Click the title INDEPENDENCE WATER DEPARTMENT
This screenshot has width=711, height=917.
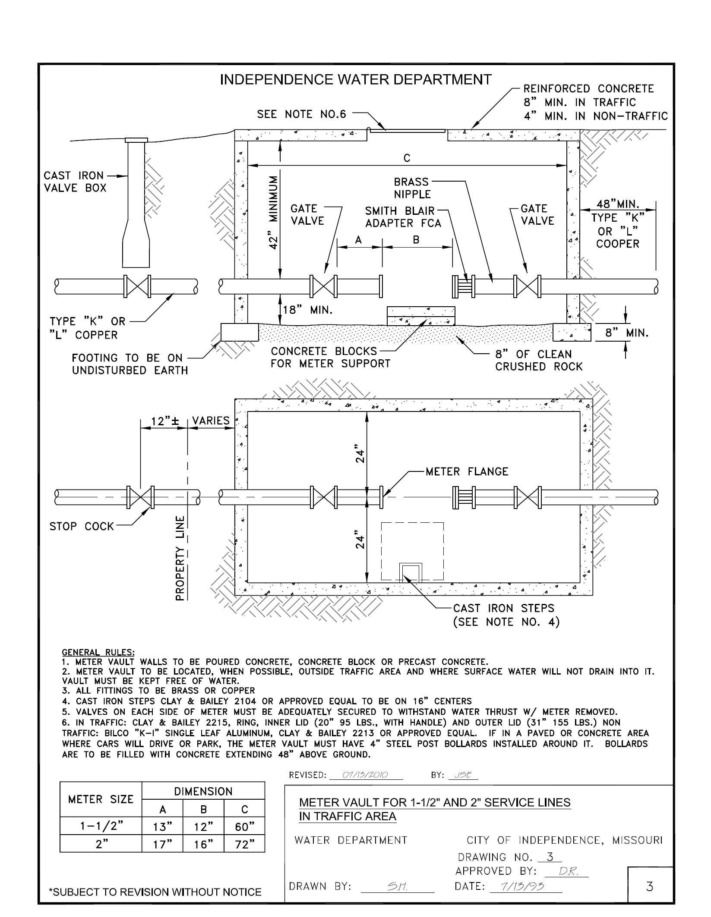tap(356, 80)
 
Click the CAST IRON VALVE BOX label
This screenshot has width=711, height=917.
tap(74, 182)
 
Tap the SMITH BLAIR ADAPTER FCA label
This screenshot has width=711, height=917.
tap(403, 217)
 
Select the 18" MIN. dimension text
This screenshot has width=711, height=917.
tap(308, 310)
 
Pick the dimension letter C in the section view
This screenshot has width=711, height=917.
tap(407, 159)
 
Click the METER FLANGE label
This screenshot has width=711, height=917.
tap(467, 472)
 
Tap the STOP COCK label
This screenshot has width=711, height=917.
tap(82, 526)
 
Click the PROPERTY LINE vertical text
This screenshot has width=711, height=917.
tap(181, 558)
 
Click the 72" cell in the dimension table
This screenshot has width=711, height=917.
tap(244, 844)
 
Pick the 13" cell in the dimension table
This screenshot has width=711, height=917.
tap(162, 827)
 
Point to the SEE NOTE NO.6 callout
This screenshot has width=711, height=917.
tap(302, 114)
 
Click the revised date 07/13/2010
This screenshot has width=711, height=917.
tap(365, 775)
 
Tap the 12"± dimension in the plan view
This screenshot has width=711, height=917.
tap(164, 421)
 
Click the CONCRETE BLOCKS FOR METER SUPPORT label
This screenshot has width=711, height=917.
tap(330, 358)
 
